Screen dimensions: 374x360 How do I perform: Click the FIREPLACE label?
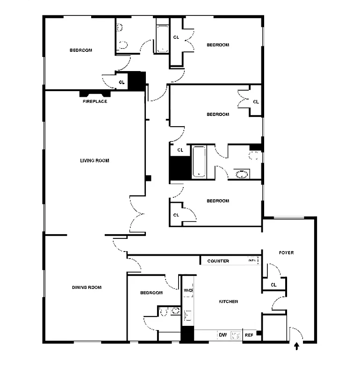[95, 101]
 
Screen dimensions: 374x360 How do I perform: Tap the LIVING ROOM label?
[94, 160]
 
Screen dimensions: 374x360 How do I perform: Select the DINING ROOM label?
[86, 288]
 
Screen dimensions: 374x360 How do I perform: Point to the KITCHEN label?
[229, 302]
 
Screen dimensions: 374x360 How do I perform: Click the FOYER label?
[286, 253]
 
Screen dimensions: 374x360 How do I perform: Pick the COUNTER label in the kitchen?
[218, 261]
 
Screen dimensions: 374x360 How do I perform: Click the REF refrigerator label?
[249, 335]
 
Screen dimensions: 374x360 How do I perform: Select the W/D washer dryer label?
[188, 290]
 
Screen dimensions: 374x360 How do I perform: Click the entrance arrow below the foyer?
[295, 346]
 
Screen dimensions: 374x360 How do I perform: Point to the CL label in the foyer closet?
[274, 284]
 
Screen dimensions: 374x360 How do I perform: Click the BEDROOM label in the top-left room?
[81, 50]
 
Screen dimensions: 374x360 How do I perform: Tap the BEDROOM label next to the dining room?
[151, 293]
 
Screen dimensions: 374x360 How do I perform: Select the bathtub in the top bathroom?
[162, 39]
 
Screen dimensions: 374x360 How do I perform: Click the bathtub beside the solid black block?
[199, 162]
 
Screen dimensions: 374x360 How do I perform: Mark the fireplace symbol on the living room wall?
[95, 93]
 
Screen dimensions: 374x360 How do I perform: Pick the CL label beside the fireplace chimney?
[122, 82]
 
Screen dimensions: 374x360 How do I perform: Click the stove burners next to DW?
[237, 335]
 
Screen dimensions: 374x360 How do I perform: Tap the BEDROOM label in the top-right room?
[218, 45]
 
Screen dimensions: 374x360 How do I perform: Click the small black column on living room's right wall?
[148, 178]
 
